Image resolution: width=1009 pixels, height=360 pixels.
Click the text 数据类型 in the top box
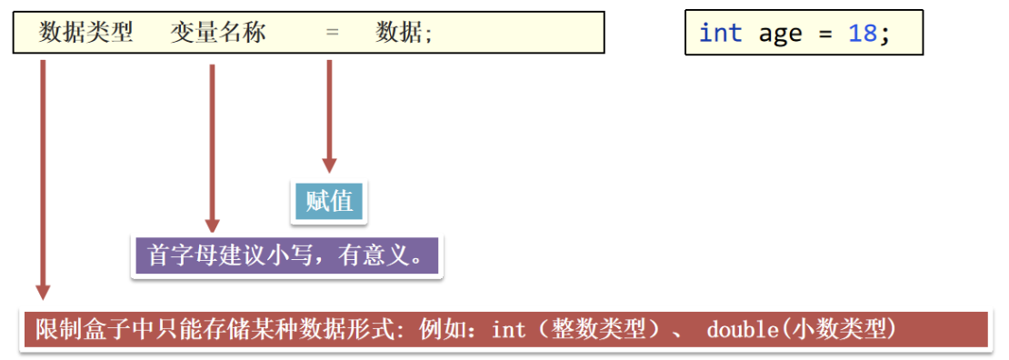point(86,33)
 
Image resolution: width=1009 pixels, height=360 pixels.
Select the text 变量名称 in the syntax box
point(218,33)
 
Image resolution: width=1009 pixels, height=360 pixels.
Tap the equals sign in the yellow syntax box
point(332,33)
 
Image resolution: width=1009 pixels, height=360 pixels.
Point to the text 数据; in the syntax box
point(405,33)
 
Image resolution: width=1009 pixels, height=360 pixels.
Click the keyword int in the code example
point(721,34)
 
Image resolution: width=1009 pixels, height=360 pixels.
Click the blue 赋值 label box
point(329,201)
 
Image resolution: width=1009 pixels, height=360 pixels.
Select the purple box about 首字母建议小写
point(285,255)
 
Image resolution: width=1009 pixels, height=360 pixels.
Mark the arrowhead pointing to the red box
point(43,291)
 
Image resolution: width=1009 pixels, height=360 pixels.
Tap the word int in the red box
point(508,329)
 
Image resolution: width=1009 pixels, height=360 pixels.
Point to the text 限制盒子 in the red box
point(75,329)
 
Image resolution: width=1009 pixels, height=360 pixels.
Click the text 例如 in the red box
point(442,329)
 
